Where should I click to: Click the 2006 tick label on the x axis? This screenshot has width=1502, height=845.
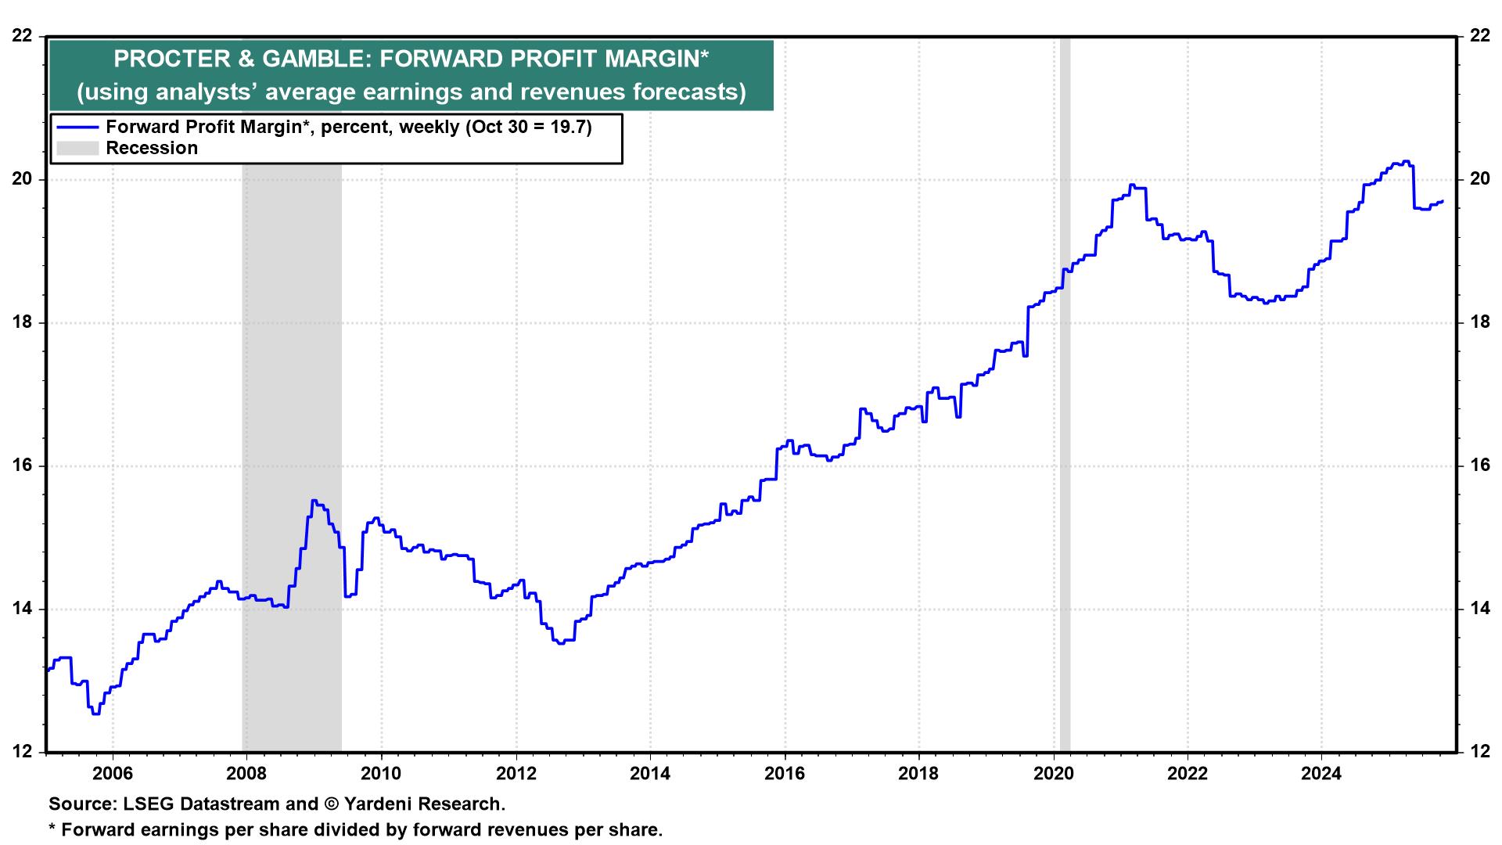coord(113,774)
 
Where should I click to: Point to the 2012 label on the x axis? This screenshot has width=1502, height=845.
coord(516,774)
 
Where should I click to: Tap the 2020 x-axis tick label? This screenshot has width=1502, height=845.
coord(1053,774)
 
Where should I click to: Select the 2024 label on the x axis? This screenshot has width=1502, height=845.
coord(1321,774)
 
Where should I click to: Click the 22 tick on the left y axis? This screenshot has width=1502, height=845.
coord(23,36)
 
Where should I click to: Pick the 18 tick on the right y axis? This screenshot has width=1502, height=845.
coord(1479,322)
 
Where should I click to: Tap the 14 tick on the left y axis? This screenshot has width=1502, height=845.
coord(23,609)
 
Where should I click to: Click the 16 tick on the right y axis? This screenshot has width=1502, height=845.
coord(1479,466)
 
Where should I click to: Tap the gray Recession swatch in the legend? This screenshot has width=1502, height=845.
coord(77,148)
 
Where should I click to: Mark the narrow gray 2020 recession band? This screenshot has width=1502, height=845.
coord(1065,391)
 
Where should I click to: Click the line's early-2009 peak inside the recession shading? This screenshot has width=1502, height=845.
coord(313,501)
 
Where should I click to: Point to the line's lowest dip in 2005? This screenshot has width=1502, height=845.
coord(95,713)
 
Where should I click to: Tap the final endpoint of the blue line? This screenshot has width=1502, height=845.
coord(1442,201)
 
